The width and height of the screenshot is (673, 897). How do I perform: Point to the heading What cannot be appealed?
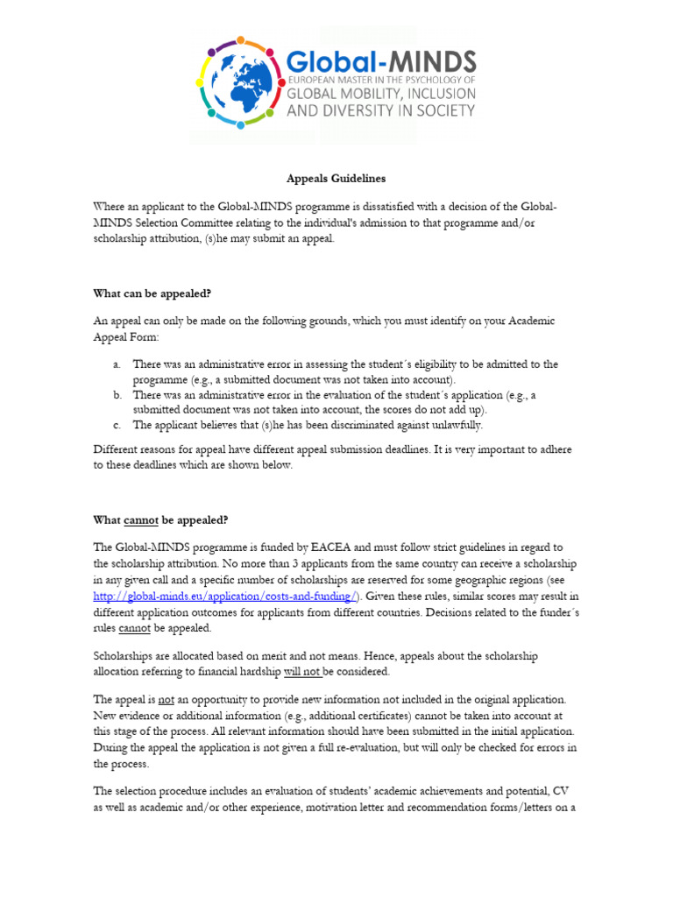(160, 519)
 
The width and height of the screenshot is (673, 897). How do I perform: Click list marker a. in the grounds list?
(116, 364)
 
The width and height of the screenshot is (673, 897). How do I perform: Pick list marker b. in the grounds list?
(116, 396)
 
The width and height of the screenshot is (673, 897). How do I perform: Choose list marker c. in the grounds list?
(116, 425)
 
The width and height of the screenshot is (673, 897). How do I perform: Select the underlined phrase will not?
(301, 671)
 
